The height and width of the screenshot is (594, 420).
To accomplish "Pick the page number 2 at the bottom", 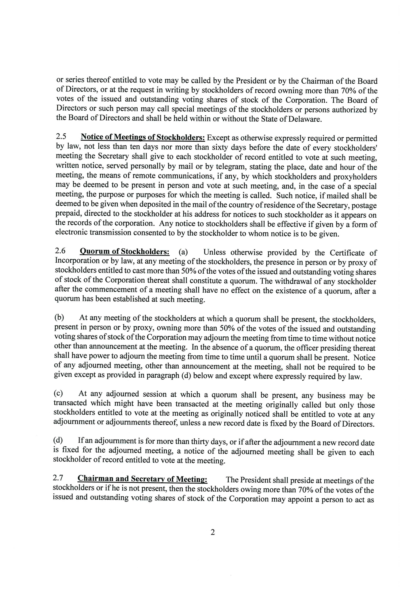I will (x=213, y=532).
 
